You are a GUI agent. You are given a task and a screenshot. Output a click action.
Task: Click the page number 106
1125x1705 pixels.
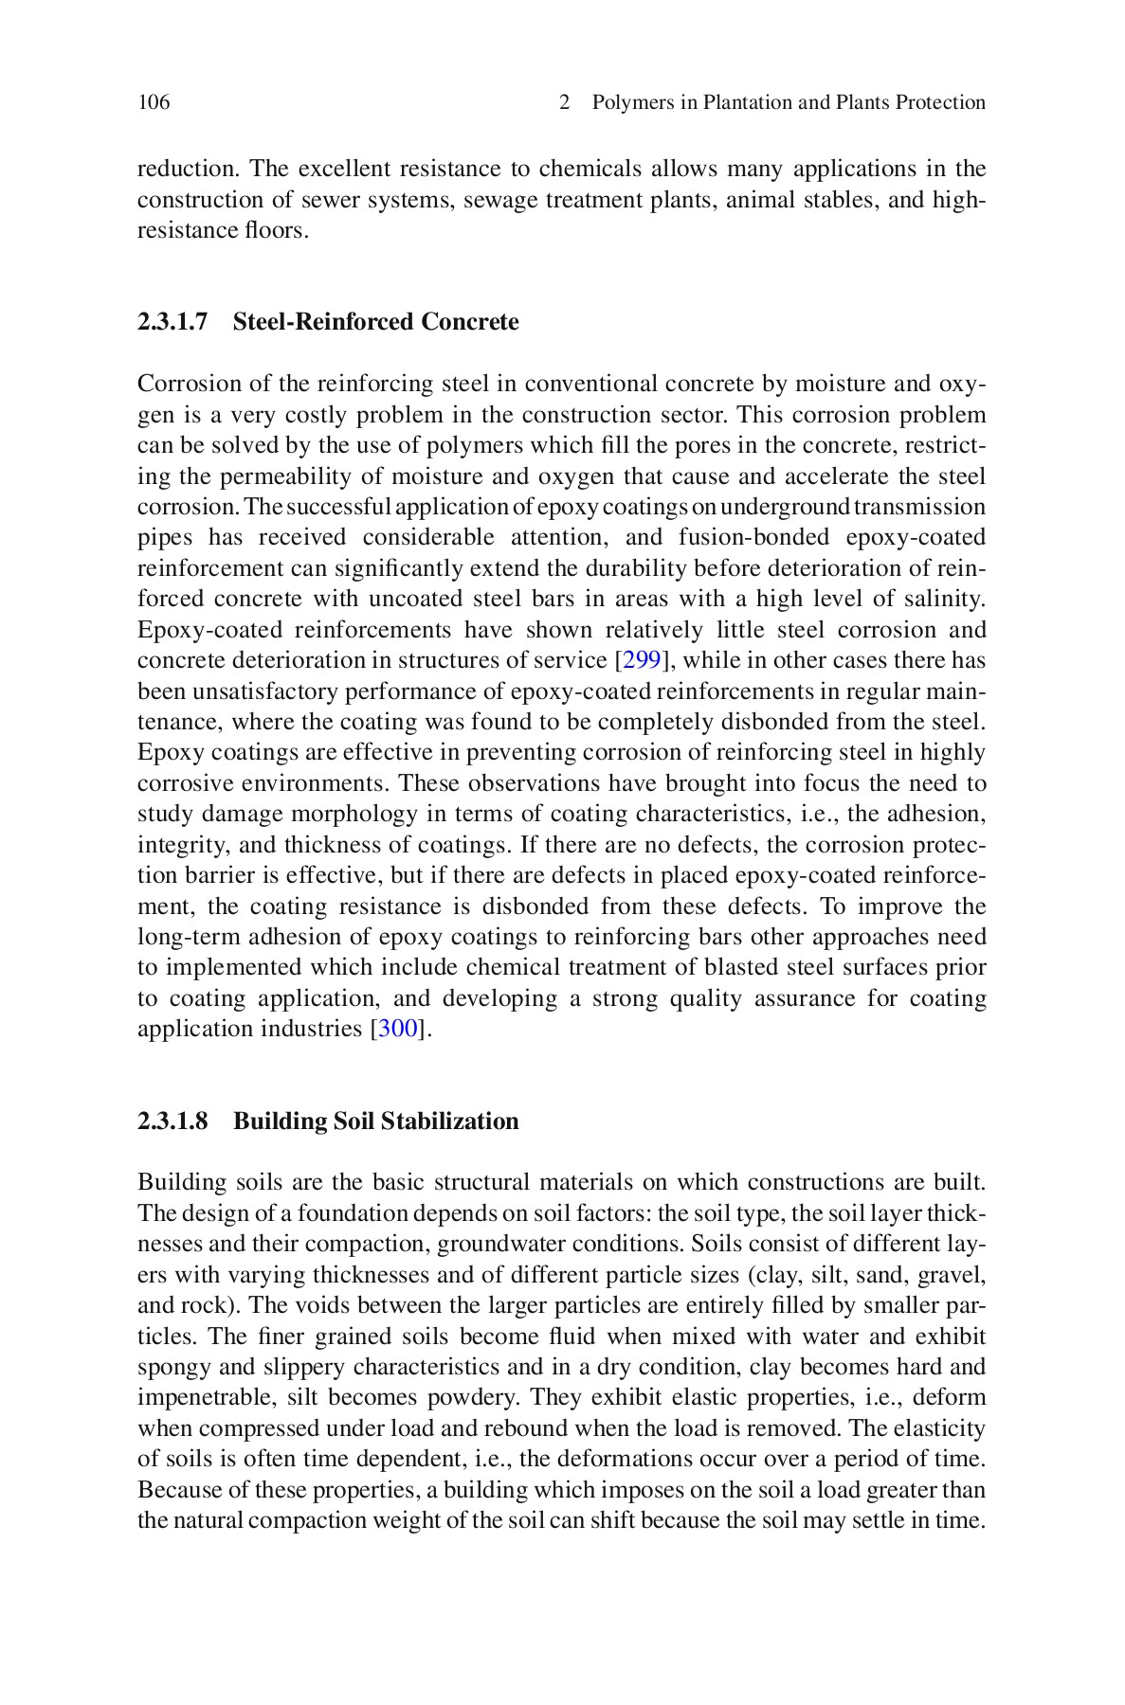click(x=154, y=102)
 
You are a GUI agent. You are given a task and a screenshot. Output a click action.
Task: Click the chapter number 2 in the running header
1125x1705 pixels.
click(x=565, y=102)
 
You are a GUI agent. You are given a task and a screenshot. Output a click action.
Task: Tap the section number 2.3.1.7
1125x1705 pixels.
click(x=172, y=322)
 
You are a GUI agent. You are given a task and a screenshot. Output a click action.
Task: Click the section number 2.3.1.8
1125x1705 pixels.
click(x=172, y=1122)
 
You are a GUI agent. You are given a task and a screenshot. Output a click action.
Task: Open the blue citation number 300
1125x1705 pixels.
click(x=398, y=1030)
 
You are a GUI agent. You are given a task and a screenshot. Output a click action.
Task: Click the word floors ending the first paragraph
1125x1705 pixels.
click(x=276, y=230)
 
